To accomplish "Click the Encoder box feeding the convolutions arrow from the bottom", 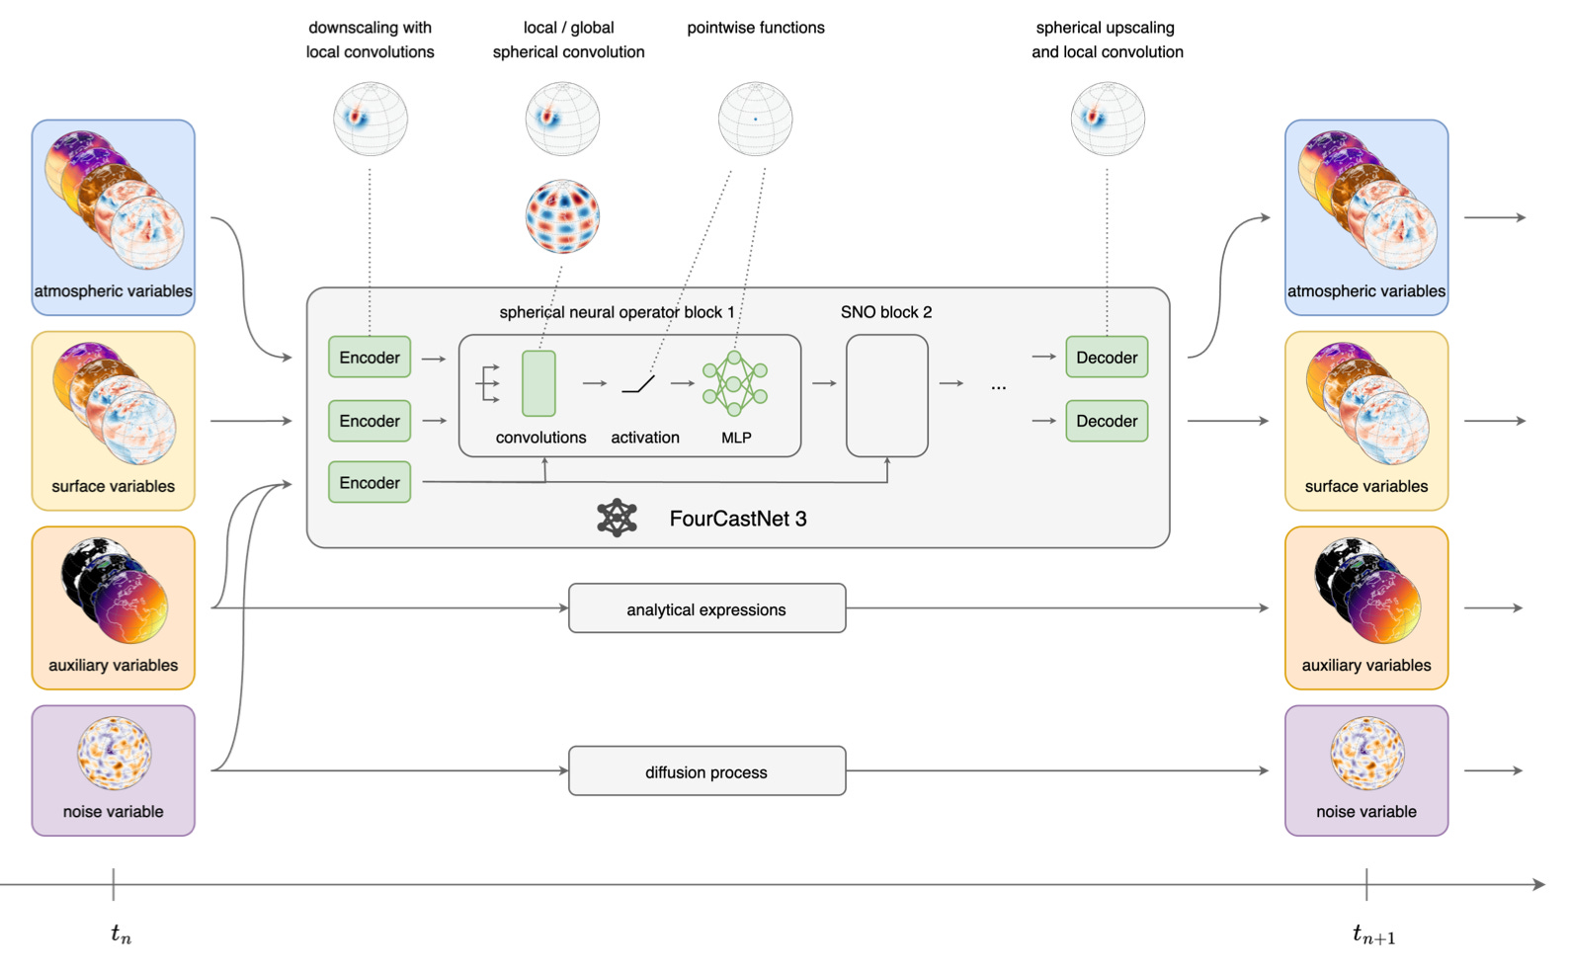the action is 370,482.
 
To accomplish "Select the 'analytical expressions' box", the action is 706,608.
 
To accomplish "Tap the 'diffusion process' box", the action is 706,771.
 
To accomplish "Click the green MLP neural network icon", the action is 735,383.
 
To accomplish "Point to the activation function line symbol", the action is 638,384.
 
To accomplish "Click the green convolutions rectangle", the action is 538,384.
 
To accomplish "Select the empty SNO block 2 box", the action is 887,396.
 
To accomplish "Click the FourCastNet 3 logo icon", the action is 618,519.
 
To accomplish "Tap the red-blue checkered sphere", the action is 562,216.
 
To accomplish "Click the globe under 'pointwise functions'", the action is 755,120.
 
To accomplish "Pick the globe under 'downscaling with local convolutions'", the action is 370,120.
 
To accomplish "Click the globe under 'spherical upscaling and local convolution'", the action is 1108,120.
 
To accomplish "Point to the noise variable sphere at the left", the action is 114,753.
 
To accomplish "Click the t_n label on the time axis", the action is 121,933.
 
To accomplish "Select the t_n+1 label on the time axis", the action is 1373,933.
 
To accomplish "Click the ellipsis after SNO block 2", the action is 999,386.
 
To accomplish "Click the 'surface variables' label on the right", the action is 1365,486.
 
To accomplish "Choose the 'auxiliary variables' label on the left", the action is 113,665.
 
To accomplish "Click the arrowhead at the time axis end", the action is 1539,885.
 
